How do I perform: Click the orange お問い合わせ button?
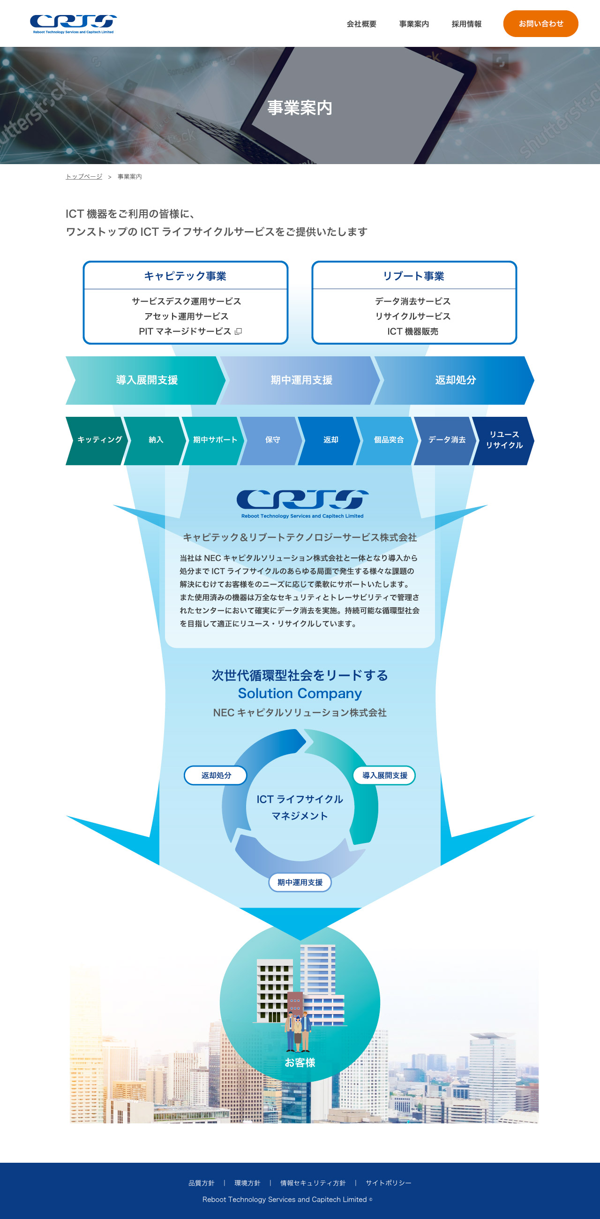[x=540, y=23]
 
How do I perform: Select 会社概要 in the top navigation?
[x=361, y=24]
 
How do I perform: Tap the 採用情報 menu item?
[x=466, y=24]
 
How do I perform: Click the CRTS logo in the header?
[x=73, y=23]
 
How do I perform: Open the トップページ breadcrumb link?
[x=84, y=176]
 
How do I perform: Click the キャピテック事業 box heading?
[x=185, y=276]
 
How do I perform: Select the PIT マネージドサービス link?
[x=186, y=331]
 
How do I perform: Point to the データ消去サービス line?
[x=412, y=301]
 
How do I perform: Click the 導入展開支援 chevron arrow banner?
[x=147, y=380]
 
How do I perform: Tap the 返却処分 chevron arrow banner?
[x=455, y=380]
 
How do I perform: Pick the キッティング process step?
[x=99, y=440]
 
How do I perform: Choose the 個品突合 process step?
[x=389, y=440]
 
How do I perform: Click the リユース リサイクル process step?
[x=504, y=440]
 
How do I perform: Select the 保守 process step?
[x=272, y=440]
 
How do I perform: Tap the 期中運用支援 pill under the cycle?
[x=300, y=882]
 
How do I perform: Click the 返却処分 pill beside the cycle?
[x=216, y=775]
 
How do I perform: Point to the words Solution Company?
[x=300, y=693]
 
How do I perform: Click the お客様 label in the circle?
[x=300, y=1062]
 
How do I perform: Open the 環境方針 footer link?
[x=247, y=1183]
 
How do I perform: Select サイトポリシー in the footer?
[x=388, y=1183]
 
